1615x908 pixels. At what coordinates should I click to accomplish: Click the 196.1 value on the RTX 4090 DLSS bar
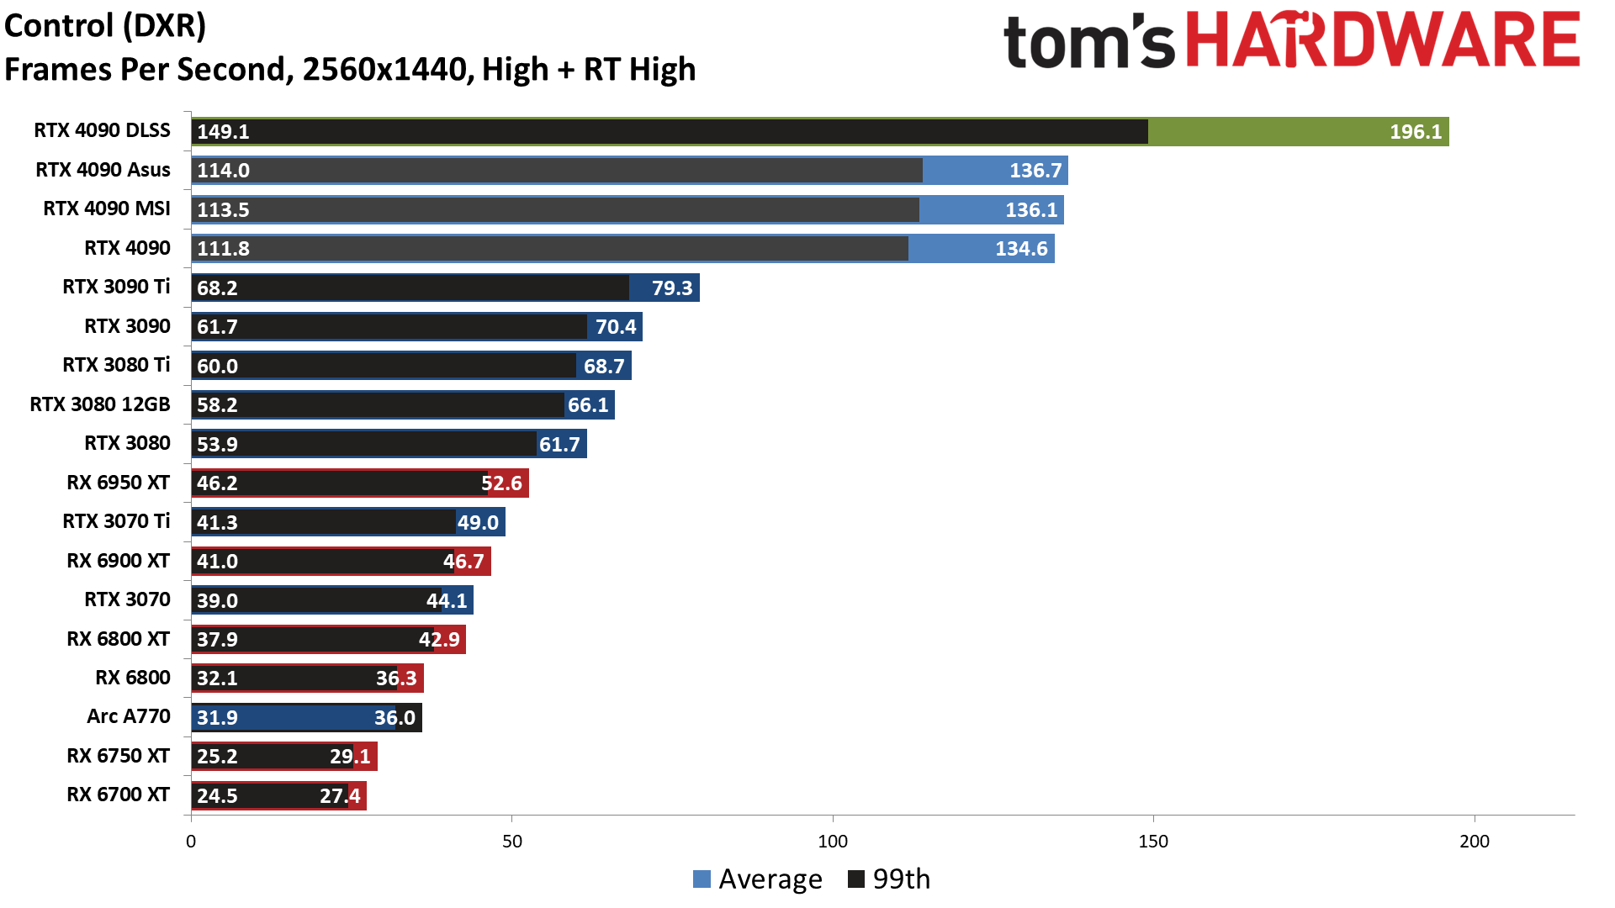click(x=1415, y=132)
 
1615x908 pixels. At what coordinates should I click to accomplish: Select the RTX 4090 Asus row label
click(x=103, y=170)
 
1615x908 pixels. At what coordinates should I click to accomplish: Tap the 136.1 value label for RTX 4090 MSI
click(x=1030, y=210)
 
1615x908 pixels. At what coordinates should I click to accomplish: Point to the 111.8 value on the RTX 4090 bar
click(x=223, y=249)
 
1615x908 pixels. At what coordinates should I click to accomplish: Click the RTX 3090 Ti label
click(x=116, y=287)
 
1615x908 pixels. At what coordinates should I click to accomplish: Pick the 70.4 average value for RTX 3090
click(x=616, y=327)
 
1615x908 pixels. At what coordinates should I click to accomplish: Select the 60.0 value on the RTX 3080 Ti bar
click(x=217, y=367)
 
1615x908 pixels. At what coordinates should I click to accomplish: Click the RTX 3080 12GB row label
click(x=100, y=404)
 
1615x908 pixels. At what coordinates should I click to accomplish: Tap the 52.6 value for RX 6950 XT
click(x=501, y=483)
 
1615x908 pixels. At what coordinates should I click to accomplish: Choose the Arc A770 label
click(x=129, y=716)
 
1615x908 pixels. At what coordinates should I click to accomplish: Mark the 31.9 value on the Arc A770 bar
click(x=217, y=718)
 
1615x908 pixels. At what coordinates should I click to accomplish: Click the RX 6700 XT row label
click(x=119, y=794)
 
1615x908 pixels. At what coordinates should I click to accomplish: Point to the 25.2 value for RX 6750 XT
click(x=217, y=757)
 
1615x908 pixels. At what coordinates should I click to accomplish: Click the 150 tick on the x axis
click(x=1152, y=842)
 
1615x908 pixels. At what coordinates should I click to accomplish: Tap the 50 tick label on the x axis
click(x=511, y=842)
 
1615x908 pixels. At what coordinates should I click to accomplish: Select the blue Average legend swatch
click(x=702, y=879)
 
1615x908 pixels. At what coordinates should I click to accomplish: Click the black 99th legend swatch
click(x=856, y=879)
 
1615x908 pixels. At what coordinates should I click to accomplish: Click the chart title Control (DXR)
click(x=105, y=26)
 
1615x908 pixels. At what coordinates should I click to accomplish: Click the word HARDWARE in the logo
click(x=1383, y=40)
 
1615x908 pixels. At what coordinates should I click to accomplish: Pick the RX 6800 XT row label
click(x=119, y=639)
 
